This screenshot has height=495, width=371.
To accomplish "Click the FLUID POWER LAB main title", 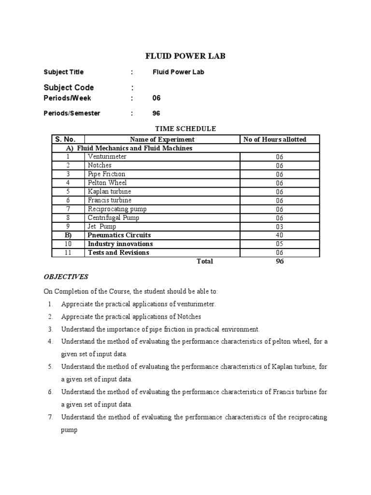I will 185,57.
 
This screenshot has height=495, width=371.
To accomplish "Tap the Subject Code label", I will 69,87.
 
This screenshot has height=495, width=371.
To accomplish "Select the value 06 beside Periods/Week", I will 157,98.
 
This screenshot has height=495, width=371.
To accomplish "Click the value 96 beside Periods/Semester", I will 157,114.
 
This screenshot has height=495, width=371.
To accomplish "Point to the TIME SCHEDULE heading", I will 185,129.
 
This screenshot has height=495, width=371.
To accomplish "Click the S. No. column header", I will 63,139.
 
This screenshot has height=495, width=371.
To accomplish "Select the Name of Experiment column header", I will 162,140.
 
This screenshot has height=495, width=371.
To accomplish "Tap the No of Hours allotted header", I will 275,140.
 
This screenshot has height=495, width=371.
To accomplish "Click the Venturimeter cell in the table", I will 107,157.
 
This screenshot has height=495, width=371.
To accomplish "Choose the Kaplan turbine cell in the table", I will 109,191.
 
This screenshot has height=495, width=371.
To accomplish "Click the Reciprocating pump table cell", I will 117,209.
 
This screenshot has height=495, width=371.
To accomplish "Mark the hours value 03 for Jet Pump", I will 280,227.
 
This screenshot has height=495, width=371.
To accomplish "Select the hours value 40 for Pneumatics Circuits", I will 280,235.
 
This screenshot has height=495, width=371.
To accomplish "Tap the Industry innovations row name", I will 120,244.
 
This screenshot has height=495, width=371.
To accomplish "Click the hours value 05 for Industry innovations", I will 280,244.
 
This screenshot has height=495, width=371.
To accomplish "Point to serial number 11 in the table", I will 68,253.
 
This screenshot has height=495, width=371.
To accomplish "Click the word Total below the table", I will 205,262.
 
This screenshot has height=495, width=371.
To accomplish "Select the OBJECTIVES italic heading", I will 66,277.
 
